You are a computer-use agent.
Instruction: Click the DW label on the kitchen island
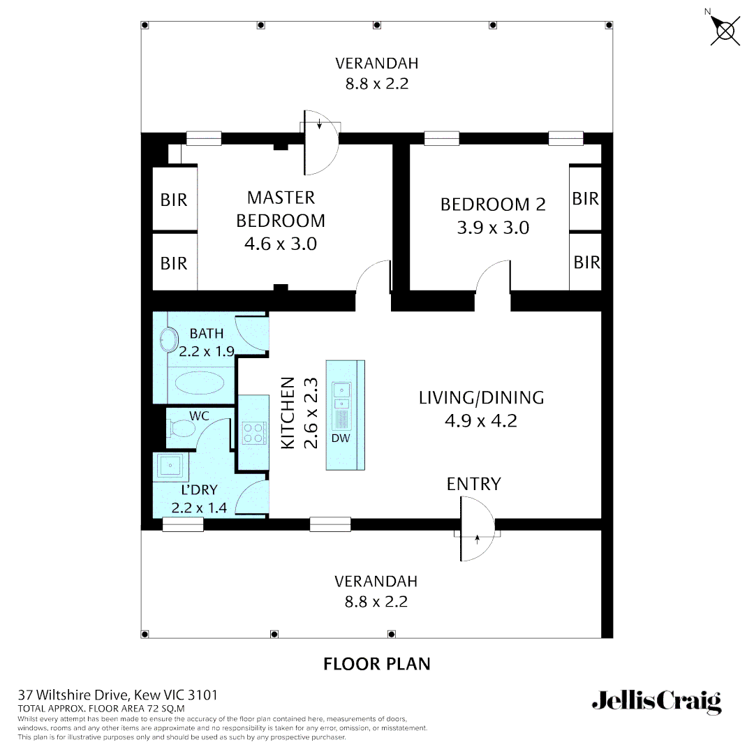(x=341, y=438)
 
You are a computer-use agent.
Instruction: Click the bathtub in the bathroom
(x=199, y=383)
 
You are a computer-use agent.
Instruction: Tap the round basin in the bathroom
(x=167, y=340)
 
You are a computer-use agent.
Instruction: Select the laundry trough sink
(x=170, y=466)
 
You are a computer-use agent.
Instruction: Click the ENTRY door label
(x=474, y=484)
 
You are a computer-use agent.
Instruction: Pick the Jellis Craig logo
(x=656, y=701)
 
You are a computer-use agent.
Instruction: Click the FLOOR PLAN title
(x=377, y=663)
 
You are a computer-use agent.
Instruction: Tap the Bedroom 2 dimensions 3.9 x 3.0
(x=493, y=228)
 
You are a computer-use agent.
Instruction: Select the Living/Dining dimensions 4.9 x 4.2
(x=481, y=421)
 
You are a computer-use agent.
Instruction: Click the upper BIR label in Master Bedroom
(x=174, y=200)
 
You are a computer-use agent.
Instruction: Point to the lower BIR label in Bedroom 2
(x=586, y=262)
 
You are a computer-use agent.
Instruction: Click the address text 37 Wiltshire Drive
(x=117, y=695)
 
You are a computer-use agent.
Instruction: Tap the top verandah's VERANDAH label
(x=377, y=64)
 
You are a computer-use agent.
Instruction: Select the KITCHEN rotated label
(x=287, y=413)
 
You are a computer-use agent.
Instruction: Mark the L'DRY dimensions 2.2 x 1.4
(x=199, y=508)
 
